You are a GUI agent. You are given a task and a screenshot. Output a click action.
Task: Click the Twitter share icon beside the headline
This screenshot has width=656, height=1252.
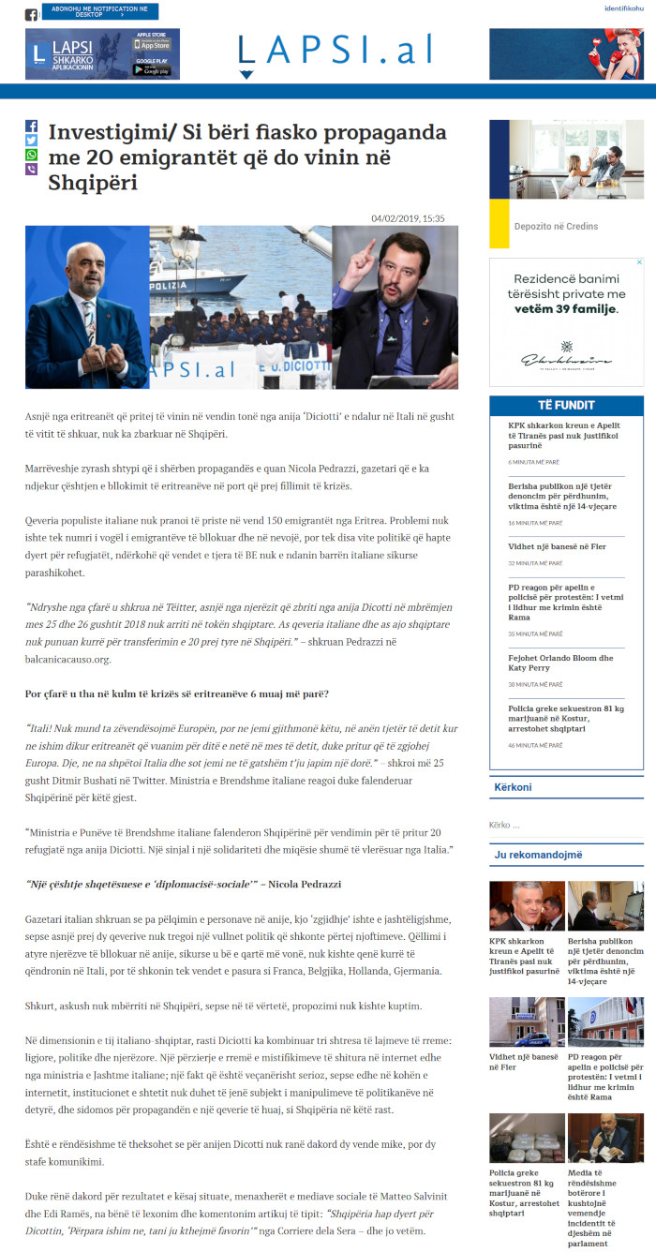[31, 141]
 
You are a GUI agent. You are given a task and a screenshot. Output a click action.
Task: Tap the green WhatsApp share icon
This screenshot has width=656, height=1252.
[31, 155]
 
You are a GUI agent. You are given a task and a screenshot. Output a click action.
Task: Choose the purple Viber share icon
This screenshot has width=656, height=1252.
[31, 170]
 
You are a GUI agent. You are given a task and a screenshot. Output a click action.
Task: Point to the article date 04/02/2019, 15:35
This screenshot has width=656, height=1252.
[408, 218]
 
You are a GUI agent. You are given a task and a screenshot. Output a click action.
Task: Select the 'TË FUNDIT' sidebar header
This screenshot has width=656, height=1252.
[566, 405]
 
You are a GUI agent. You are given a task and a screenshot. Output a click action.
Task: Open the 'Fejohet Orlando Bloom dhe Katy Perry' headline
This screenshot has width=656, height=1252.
[560, 663]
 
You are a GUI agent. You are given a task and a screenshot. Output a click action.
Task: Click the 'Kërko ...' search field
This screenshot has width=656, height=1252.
[562, 826]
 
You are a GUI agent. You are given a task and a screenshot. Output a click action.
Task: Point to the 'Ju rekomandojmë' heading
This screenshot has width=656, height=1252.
[538, 855]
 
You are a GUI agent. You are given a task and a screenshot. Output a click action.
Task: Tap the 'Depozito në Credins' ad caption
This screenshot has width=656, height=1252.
[556, 226]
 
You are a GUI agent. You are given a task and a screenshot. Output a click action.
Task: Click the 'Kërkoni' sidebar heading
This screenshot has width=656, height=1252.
[513, 787]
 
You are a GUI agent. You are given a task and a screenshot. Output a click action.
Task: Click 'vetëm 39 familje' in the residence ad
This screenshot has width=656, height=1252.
[567, 308]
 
